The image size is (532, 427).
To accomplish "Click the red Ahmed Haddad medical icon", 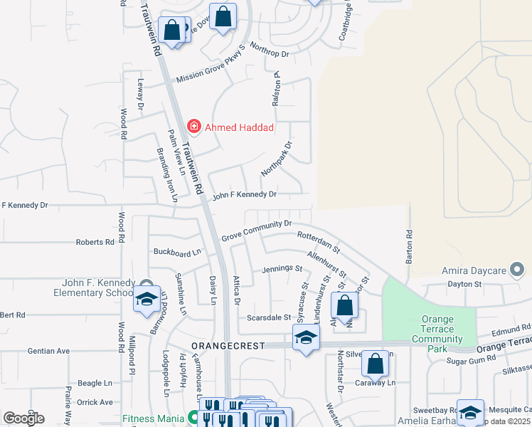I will click(193, 127).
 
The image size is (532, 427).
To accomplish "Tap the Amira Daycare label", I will click(477, 270).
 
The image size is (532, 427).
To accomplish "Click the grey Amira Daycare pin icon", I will click(517, 270).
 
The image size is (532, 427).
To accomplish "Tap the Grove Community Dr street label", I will click(257, 230).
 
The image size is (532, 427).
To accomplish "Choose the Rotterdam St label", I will click(319, 243).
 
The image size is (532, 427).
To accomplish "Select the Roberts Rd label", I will click(95, 242).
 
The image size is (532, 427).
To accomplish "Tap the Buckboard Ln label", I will click(178, 252).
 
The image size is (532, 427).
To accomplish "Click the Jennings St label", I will click(282, 269).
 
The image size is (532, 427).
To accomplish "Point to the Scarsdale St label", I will click(268, 317).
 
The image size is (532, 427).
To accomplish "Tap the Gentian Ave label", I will click(48, 351).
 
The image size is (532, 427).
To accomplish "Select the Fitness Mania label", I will click(154, 419).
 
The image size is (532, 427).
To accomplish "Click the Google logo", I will click(23, 418).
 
